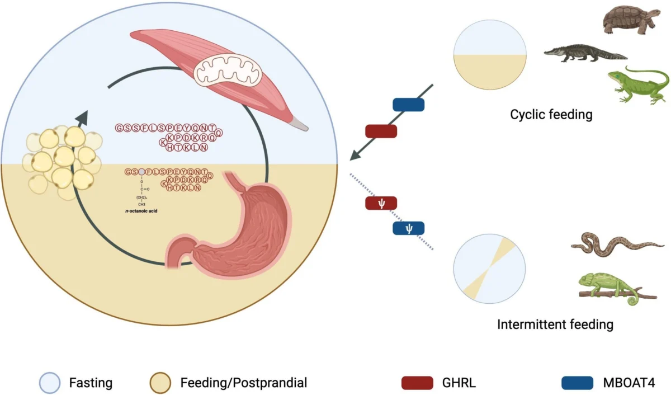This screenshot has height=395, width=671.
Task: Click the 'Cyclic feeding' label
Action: coord(551,115)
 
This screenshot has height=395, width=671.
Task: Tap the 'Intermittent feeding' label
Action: coord(555,324)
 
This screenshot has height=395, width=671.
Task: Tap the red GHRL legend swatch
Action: coord(417,383)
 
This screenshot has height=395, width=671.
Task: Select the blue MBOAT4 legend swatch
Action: coord(577,383)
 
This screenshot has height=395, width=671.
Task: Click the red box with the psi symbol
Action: coord(381,203)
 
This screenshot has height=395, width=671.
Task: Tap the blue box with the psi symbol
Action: coord(408,228)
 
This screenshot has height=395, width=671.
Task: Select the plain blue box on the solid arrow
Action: coord(409,105)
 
